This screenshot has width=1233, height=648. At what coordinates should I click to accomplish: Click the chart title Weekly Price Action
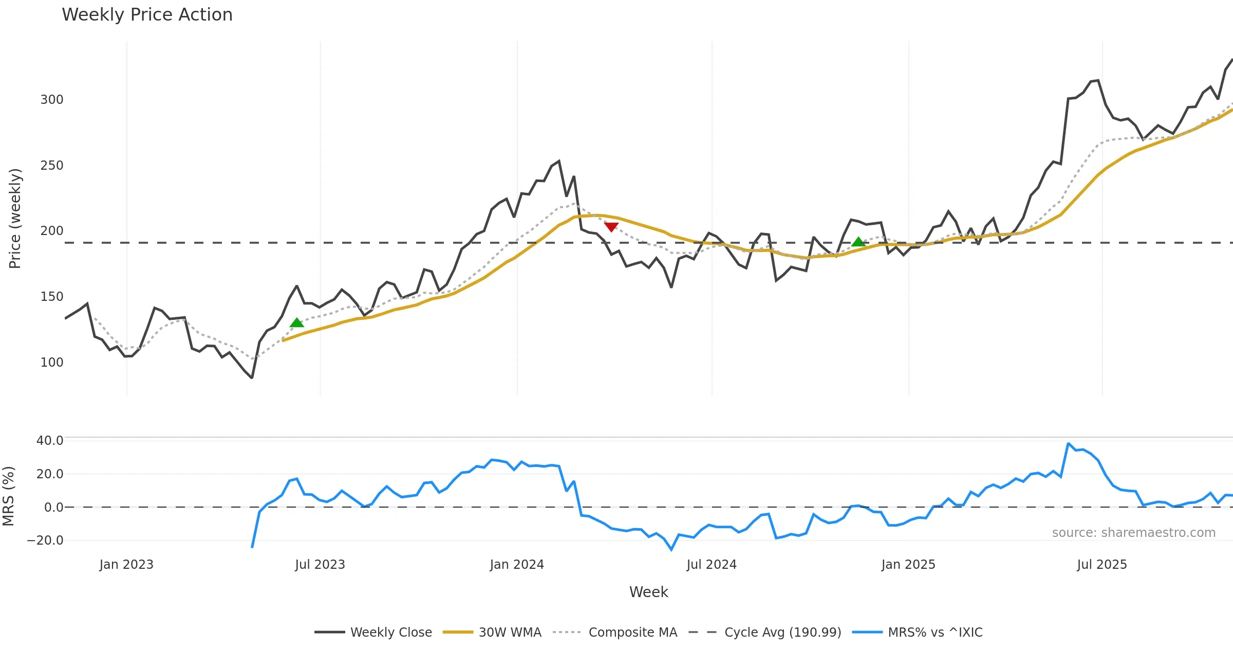coord(147,15)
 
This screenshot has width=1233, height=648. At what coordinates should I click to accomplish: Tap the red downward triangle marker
coord(611,227)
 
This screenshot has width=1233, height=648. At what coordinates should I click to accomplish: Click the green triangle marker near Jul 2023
coord(296,323)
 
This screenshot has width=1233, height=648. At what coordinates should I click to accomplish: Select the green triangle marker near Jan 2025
coord(858,242)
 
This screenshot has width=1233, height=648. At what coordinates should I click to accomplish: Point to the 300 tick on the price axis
coord(52,100)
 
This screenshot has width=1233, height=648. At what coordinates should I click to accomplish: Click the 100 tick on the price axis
coord(52,363)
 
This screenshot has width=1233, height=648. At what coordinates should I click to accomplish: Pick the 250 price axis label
coord(52,166)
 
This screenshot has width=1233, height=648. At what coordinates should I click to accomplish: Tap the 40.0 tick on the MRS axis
coord(50,441)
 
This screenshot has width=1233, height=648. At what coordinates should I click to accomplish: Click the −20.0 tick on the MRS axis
coord(45,541)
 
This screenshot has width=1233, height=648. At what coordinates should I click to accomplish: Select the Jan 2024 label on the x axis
coord(517,565)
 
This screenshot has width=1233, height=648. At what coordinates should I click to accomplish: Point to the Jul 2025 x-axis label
coord(1102,565)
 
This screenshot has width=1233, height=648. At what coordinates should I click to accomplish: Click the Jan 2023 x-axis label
coord(126,565)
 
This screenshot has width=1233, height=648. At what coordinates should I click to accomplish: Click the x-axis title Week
coord(648,592)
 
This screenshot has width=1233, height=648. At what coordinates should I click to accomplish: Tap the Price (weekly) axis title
coord(15,219)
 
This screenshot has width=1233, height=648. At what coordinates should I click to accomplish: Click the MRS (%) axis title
coord(9,496)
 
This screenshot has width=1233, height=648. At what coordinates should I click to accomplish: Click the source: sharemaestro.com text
coord(1133,533)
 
